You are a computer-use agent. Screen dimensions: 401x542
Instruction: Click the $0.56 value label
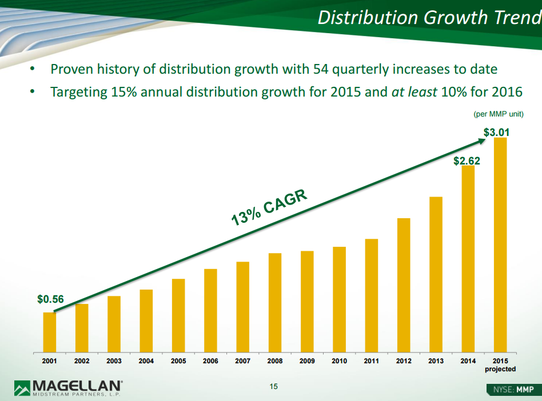click(50, 299)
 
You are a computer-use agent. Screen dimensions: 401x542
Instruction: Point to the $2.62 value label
click(467, 161)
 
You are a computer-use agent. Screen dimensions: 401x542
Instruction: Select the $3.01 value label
click(496, 133)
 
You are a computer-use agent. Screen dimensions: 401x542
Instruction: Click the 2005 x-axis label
click(178, 361)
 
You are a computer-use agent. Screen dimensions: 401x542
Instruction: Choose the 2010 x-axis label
click(339, 361)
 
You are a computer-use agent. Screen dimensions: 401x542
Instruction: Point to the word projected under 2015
click(500, 369)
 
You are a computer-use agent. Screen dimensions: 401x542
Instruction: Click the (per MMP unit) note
click(499, 114)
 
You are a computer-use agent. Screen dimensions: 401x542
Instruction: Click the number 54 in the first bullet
click(320, 70)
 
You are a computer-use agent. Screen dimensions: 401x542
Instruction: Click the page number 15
click(273, 387)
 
